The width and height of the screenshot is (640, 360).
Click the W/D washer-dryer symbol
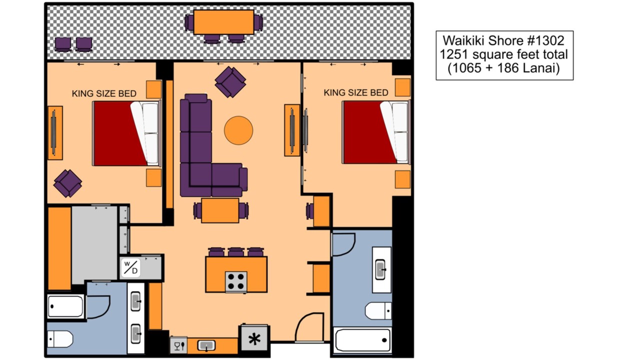coord(130,267)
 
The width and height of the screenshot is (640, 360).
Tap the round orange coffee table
coord(238,130)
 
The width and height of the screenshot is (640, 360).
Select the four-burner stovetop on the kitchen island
coord(236,281)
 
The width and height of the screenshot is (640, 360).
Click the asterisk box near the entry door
coord(254,339)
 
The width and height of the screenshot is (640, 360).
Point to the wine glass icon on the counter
coord(179,346)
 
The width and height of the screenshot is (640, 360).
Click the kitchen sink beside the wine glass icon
coord(206,345)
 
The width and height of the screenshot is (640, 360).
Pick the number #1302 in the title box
coord(545,40)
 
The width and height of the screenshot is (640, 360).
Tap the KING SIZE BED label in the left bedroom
coord(104,93)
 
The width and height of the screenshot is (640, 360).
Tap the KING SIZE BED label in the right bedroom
coord(355,92)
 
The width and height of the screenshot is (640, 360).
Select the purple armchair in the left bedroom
coord(67,183)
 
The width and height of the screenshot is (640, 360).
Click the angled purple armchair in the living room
coord(230,82)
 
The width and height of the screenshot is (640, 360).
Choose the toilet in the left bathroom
coord(60,339)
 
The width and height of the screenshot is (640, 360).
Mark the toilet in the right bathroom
coord(378,310)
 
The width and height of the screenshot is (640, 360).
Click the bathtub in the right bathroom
coord(363,340)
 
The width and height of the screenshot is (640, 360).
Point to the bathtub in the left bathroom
coord(65,306)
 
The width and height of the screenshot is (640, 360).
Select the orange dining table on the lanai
coord(223,22)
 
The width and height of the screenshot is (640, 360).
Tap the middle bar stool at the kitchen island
coord(235,252)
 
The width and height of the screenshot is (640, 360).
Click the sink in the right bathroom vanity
coord(380,269)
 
